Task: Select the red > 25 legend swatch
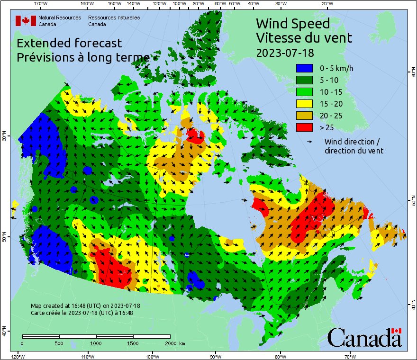tap(306, 127)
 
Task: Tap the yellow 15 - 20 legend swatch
tap(306, 104)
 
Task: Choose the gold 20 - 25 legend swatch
tap(306, 116)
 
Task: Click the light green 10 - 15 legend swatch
tap(306, 92)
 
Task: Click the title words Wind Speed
tap(292, 23)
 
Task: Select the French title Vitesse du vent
tap(304, 37)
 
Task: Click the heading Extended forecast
tap(69, 43)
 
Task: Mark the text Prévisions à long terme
tap(83, 57)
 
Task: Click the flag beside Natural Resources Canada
tap(26, 20)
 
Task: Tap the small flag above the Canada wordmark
tap(397, 331)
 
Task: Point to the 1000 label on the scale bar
tap(96, 343)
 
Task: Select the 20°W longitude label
tap(326, 3)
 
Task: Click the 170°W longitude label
tap(41, 3)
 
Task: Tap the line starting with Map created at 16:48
tap(85, 306)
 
